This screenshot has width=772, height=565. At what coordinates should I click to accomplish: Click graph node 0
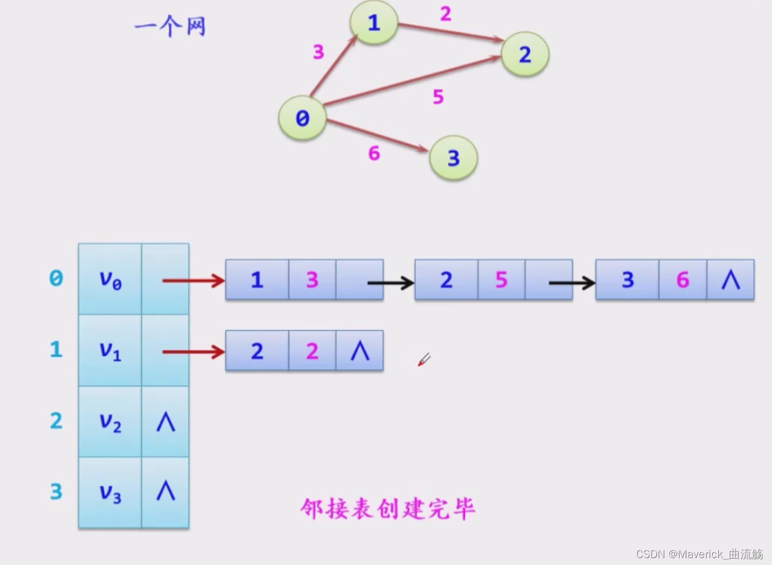click(x=302, y=118)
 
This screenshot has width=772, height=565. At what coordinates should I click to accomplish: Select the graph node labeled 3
click(x=453, y=157)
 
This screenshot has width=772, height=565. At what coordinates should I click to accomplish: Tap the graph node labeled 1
click(x=374, y=23)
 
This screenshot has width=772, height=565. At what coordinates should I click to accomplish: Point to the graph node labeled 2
click(x=524, y=54)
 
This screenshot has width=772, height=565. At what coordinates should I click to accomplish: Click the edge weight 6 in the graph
click(x=374, y=153)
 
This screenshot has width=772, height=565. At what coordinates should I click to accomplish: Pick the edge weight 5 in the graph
click(x=438, y=97)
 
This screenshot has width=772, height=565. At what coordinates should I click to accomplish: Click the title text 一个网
click(x=170, y=26)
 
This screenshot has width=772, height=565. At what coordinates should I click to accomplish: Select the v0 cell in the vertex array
click(x=110, y=280)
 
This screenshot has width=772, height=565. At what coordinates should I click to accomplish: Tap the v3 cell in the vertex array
click(x=110, y=493)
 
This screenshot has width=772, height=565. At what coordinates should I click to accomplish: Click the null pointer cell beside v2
click(x=165, y=422)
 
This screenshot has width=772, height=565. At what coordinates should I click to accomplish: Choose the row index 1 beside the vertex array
click(x=56, y=350)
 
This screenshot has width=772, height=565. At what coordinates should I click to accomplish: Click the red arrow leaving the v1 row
click(x=193, y=351)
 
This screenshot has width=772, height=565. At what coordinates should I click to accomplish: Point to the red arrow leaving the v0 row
click(x=193, y=281)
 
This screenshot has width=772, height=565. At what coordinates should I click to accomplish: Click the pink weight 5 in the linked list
click(x=501, y=280)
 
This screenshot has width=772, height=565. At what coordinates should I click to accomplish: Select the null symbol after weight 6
click(x=730, y=280)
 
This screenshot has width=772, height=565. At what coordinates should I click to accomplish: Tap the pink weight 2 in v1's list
click(x=312, y=351)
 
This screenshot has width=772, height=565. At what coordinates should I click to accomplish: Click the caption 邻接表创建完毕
click(x=387, y=509)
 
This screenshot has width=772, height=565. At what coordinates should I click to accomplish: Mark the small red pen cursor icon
click(x=424, y=360)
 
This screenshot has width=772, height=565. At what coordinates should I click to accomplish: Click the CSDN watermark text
click(x=699, y=554)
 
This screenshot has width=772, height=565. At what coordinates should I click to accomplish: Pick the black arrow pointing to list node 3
click(x=571, y=282)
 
